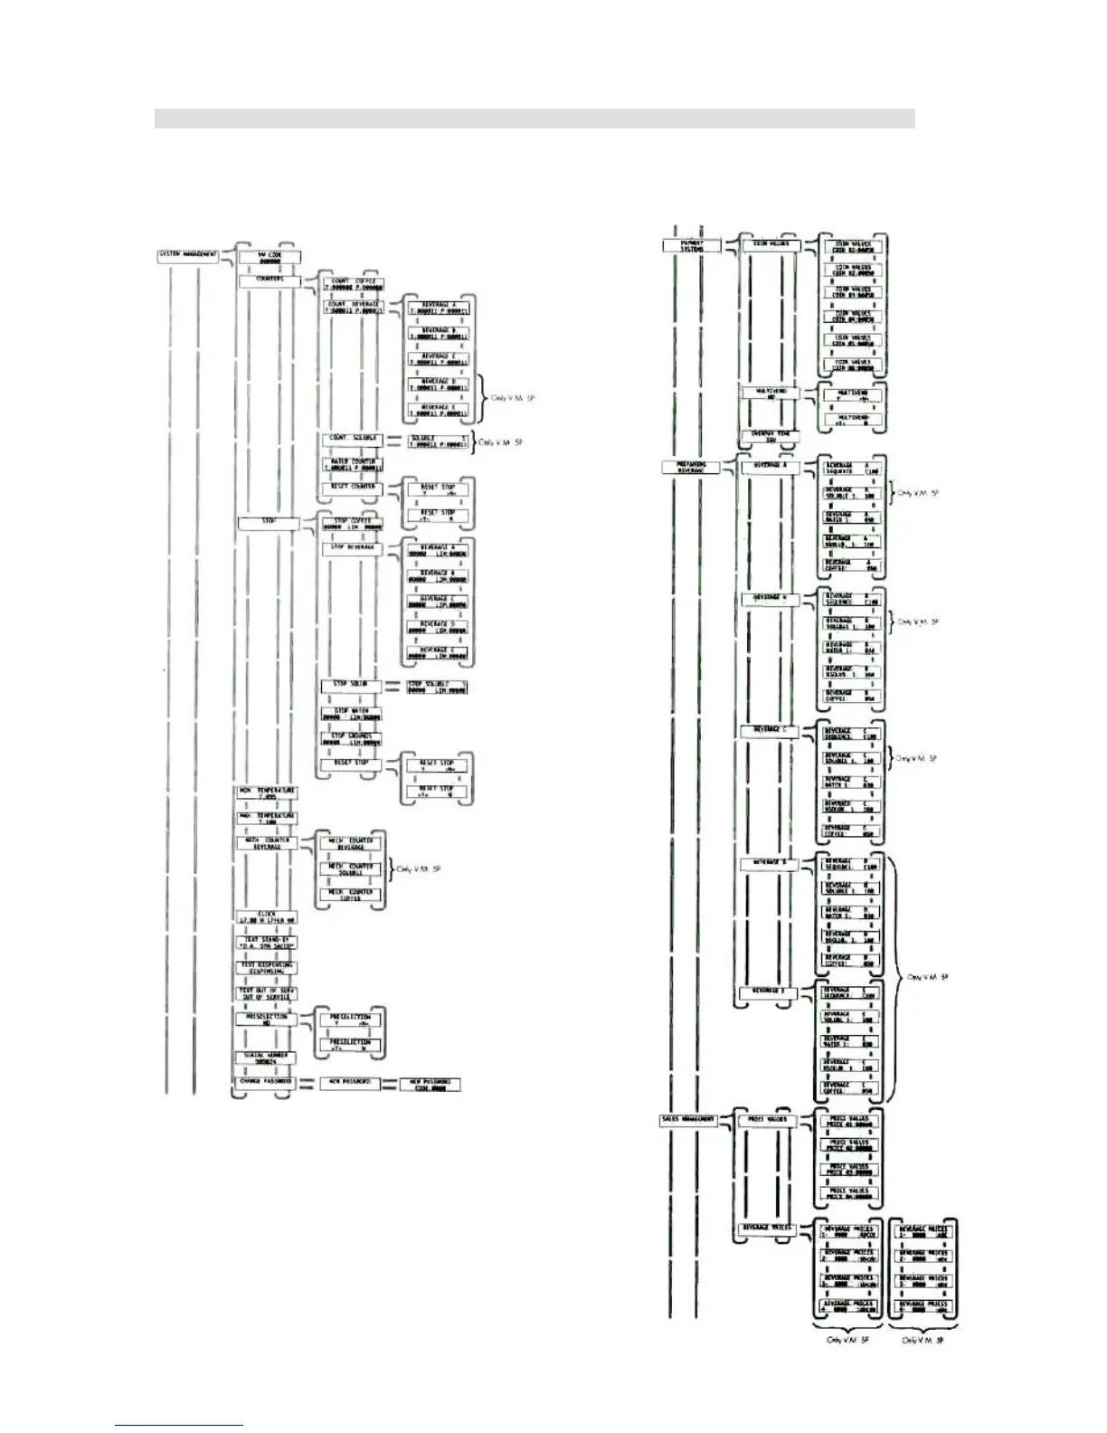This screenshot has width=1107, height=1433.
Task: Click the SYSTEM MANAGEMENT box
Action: (188, 254)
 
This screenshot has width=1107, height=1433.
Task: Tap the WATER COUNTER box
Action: (353, 465)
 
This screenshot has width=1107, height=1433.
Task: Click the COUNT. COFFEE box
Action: (353, 285)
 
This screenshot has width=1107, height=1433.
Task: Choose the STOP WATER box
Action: (353, 715)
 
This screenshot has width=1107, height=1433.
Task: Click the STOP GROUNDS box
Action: (353, 740)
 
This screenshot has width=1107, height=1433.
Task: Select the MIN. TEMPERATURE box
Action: (267, 793)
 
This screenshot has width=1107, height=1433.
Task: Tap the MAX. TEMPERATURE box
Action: (267, 819)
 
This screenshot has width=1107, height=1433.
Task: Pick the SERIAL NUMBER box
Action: (267, 1058)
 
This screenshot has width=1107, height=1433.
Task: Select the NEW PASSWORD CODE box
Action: (430, 1085)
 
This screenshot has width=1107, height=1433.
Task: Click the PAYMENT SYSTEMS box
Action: (692, 245)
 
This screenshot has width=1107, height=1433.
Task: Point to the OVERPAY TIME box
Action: (770, 437)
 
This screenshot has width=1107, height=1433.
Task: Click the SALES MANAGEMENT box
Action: (689, 1120)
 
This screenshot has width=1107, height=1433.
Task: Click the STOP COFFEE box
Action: (353, 524)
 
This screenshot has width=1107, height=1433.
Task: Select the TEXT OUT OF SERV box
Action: (267, 993)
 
